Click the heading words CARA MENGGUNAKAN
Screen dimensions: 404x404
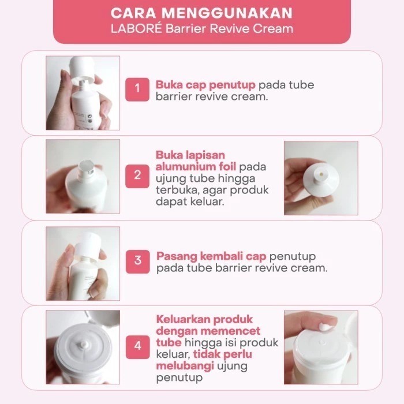[201, 13]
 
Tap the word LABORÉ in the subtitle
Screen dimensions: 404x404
[136, 29]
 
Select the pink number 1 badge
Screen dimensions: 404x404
[137, 89]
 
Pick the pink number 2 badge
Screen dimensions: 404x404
[137, 176]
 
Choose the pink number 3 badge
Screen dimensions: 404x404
[137, 261]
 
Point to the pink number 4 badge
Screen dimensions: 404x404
[137, 347]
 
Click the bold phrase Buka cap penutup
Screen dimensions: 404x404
[205, 85]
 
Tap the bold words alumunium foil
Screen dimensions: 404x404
[196, 167]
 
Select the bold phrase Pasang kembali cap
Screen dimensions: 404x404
[211, 256]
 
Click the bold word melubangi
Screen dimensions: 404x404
[185, 366]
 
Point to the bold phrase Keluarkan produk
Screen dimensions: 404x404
[204, 320]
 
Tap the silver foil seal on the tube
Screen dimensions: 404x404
[87, 166]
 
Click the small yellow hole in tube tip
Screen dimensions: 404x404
[321, 174]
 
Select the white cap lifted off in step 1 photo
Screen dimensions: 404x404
[83, 69]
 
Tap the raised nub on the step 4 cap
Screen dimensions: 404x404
[84, 345]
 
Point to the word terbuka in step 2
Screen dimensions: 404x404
[177, 190]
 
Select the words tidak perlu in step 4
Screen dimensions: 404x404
[222, 354]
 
